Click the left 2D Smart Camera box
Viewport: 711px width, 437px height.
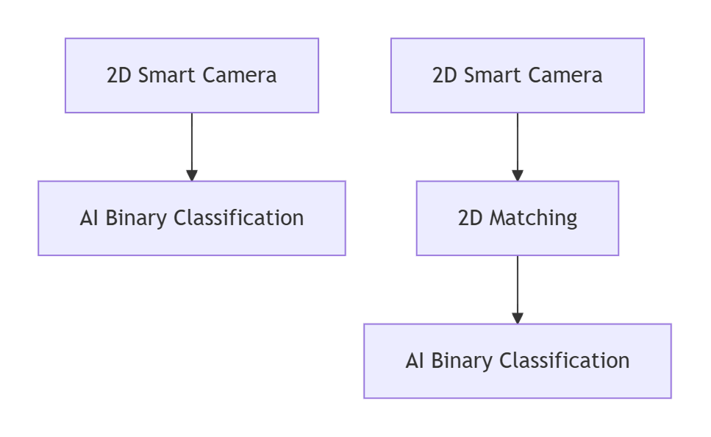[x=191, y=75]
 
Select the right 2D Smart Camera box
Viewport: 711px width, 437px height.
[x=517, y=75]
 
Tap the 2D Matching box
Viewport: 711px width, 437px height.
[x=517, y=218]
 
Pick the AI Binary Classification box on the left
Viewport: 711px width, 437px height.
[x=191, y=218]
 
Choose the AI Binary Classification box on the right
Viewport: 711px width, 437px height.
[x=517, y=360]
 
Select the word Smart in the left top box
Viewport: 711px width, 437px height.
[x=171, y=75]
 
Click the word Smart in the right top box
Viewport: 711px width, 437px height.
[x=497, y=75]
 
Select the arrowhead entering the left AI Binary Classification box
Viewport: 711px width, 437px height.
[x=191, y=175]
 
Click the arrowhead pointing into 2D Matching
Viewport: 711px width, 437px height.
[x=517, y=175]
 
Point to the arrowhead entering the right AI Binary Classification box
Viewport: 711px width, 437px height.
[x=517, y=318]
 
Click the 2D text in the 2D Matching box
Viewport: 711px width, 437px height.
[x=470, y=218]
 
